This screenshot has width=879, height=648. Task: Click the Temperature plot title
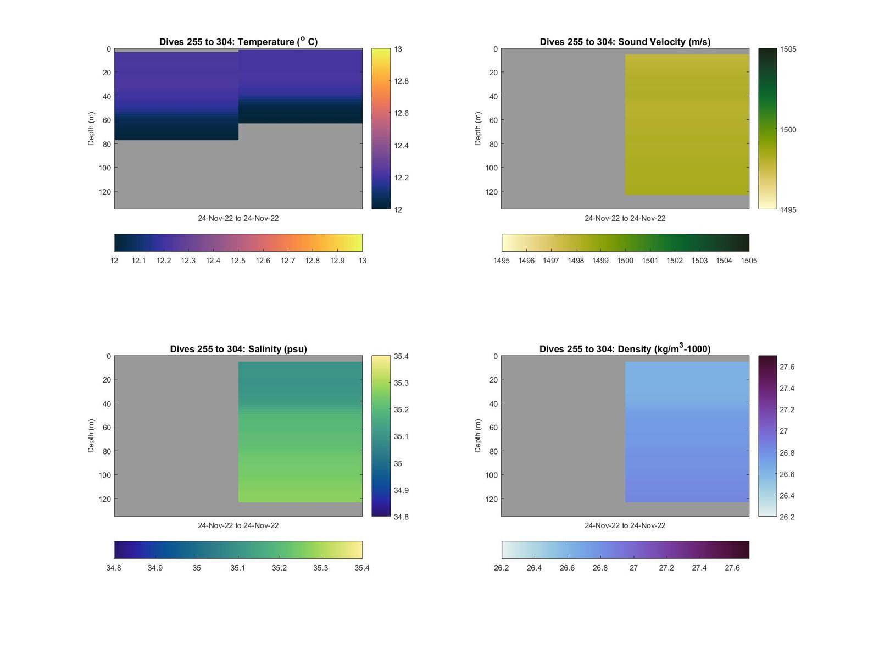(x=238, y=42)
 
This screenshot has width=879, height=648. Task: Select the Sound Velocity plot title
(x=625, y=42)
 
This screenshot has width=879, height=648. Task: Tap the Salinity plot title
(x=238, y=349)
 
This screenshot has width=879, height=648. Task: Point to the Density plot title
(x=625, y=349)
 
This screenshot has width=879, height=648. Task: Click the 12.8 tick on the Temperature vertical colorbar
(x=401, y=81)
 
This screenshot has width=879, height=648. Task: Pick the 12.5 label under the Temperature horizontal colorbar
(x=238, y=261)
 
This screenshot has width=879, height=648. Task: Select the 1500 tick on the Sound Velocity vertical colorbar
(x=788, y=130)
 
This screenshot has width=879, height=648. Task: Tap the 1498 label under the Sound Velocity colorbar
(x=576, y=261)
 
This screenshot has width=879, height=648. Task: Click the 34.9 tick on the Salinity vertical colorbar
(x=401, y=490)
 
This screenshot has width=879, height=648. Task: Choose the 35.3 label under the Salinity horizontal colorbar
(x=321, y=568)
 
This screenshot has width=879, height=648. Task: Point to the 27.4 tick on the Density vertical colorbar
(x=787, y=389)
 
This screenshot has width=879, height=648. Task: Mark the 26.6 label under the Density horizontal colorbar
(x=567, y=568)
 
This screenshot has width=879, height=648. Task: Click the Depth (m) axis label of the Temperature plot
(x=91, y=129)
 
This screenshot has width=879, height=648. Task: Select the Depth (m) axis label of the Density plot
(x=478, y=436)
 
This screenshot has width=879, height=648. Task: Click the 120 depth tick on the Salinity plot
(x=104, y=499)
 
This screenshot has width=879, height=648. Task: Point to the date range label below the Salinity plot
(x=238, y=525)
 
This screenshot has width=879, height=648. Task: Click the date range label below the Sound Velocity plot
(x=625, y=218)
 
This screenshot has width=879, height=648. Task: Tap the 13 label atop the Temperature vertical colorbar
(x=398, y=49)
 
